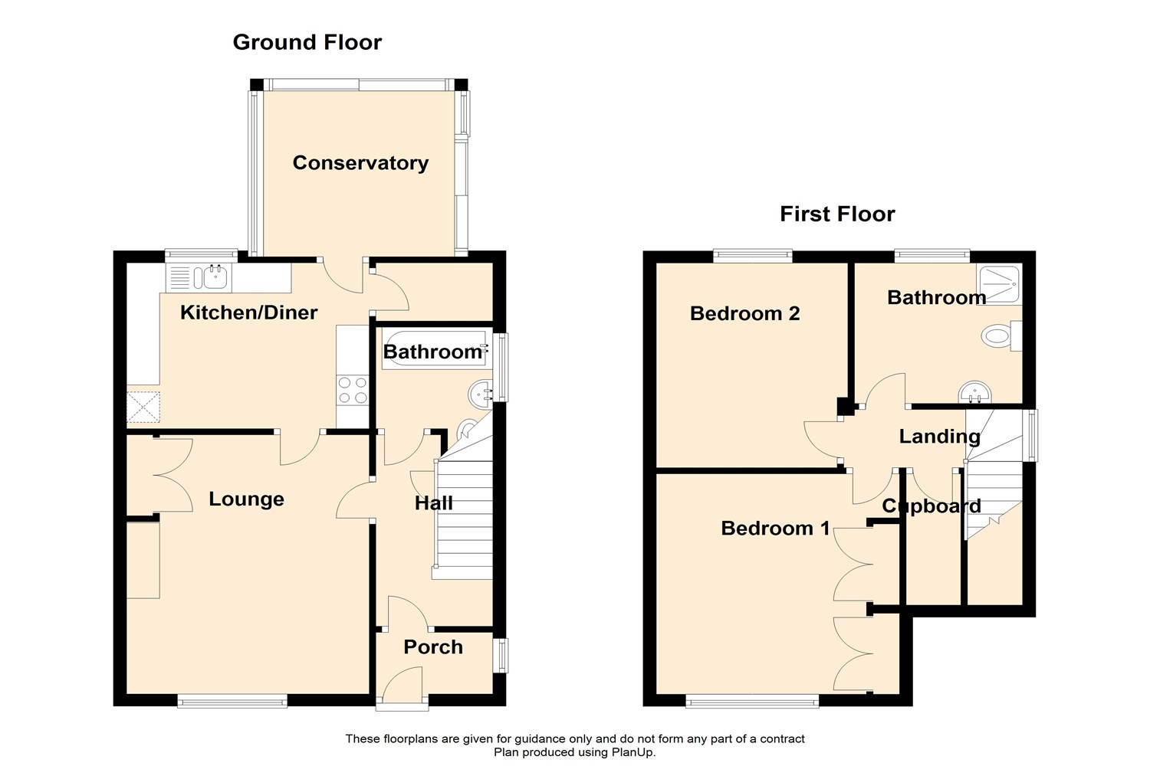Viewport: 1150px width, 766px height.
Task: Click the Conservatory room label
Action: [360, 163]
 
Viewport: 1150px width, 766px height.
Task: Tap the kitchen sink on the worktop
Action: [207, 277]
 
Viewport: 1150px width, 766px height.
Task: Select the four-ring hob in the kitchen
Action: [353, 389]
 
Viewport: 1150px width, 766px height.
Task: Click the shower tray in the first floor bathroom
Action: [999, 283]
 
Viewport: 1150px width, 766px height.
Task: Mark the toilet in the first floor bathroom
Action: [1000, 336]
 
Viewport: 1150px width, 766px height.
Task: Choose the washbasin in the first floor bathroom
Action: [975, 394]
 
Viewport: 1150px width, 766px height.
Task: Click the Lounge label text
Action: [246, 499]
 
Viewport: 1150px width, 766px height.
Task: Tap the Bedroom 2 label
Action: [744, 313]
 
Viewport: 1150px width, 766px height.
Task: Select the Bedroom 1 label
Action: [775, 529]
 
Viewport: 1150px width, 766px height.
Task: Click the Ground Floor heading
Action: [307, 42]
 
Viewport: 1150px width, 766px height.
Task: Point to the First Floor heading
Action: [837, 214]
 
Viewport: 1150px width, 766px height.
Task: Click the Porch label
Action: [433, 647]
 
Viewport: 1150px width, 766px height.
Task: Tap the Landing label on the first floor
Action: [939, 437]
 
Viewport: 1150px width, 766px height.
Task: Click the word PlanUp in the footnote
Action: [632, 752]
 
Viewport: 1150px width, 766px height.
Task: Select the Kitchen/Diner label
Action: [248, 313]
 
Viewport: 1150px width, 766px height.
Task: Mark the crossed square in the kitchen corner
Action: [143, 407]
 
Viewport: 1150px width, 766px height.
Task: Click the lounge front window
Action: [232, 701]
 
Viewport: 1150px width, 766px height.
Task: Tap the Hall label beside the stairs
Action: [433, 503]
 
